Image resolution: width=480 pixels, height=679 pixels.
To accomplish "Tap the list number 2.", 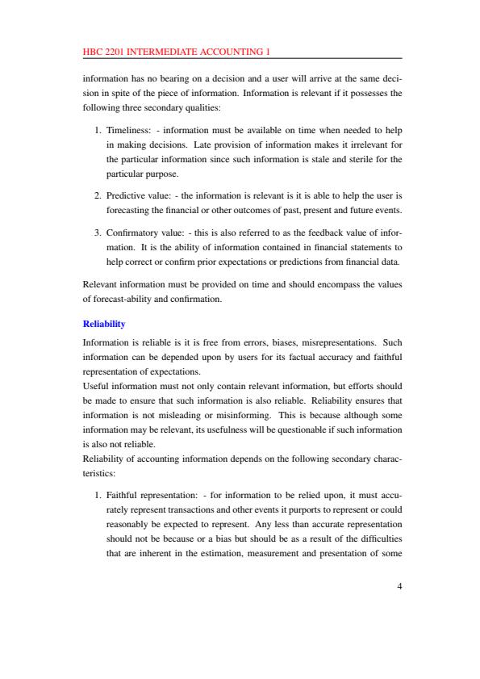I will [x=98, y=196].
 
